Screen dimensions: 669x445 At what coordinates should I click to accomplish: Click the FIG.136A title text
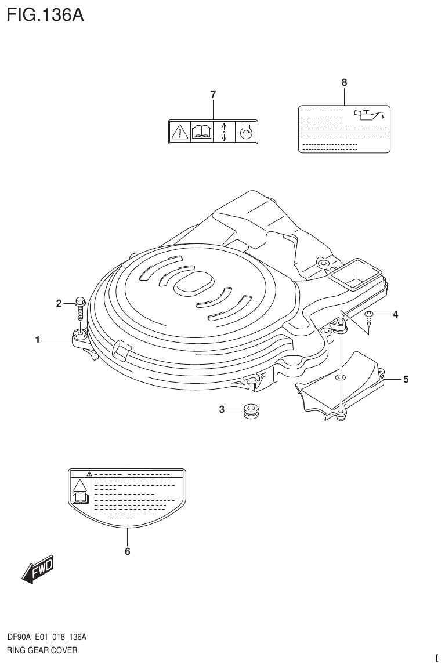[45, 14]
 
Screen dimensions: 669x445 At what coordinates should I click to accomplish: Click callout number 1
[38, 340]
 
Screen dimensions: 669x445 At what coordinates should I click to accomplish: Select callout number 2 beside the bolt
[59, 303]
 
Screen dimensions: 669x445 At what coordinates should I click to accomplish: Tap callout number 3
[222, 410]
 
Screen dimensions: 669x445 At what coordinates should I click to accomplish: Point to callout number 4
[395, 315]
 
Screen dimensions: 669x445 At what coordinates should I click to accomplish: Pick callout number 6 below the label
[128, 551]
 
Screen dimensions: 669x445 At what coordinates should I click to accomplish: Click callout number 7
[213, 94]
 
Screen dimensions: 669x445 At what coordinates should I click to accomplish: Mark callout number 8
[344, 83]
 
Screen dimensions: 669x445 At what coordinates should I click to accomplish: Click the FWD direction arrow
[38, 570]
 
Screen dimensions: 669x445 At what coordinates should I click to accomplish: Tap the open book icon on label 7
[201, 133]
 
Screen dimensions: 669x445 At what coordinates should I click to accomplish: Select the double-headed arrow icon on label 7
[224, 133]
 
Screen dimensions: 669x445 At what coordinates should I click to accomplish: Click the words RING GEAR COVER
[42, 650]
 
